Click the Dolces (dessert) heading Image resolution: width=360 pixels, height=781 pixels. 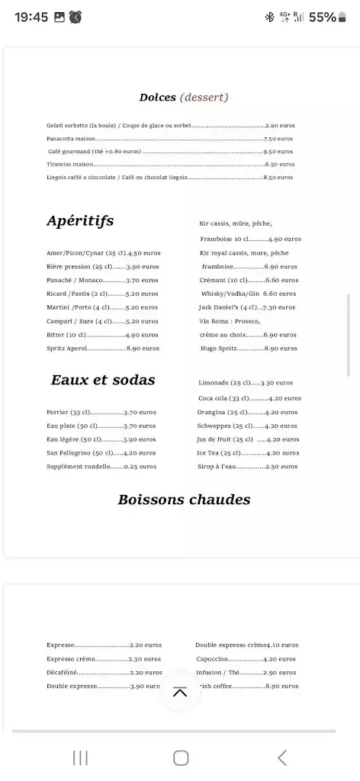click(x=184, y=98)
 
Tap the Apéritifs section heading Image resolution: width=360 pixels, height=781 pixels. click(x=80, y=221)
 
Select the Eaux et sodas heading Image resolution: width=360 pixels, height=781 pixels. click(x=103, y=380)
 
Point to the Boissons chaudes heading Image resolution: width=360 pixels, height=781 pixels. click(x=184, y=500)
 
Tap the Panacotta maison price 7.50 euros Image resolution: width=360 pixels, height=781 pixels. click(x=278, y=139)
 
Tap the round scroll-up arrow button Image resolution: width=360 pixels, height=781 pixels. click(x=180, y=692)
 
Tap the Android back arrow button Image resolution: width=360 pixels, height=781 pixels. click(x=282, y=757)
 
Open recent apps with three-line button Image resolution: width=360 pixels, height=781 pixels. click(x=80, y=757)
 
